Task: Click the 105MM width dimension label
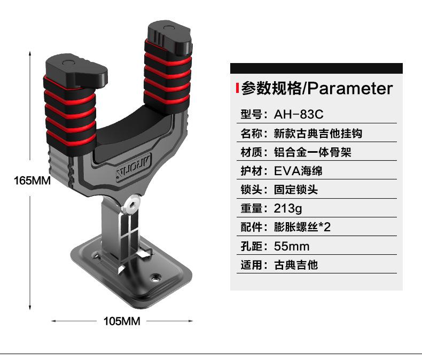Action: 121,321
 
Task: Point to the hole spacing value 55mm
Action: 292,246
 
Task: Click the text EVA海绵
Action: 298,171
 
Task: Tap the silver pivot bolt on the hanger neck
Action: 132,203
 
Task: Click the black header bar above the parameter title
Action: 316,68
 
